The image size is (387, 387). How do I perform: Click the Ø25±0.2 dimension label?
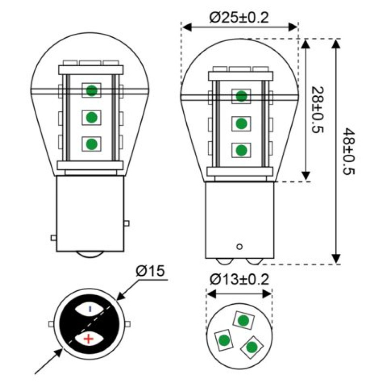click(239, 18)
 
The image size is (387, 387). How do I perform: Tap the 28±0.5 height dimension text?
click(318, 110)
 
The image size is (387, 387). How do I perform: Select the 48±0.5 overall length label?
click(349, 151)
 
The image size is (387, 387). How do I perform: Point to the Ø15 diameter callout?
click(150, 271)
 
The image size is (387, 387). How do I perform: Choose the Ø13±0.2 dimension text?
click(239, 280)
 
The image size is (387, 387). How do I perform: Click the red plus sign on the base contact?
click(89, 339)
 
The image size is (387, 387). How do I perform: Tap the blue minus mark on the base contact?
click(90, 309)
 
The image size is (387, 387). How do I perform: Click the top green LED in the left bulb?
click(91, 90)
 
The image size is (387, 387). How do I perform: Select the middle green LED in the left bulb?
click(91, 118)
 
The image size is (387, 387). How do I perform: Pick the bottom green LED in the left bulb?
click(91, 144)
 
